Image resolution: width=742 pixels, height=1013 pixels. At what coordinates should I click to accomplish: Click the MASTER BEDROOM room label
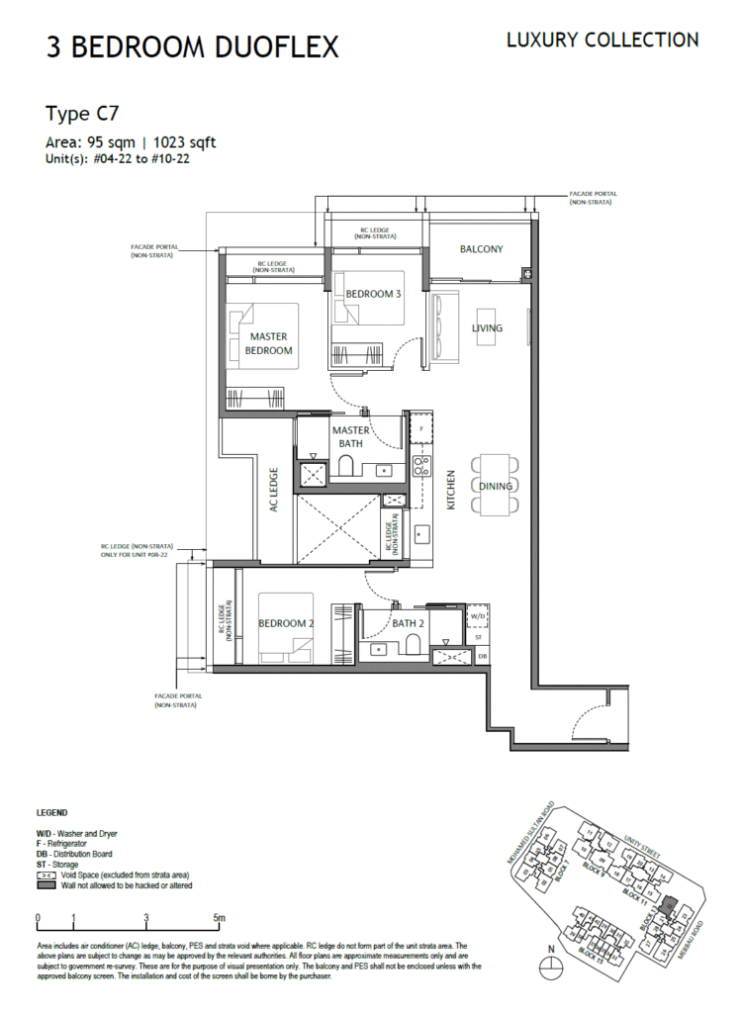tap(269, 343)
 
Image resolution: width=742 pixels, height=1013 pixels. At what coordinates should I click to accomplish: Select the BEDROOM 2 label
tap(286, 623)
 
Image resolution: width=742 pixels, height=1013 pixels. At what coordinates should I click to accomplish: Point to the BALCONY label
tap(481, 249)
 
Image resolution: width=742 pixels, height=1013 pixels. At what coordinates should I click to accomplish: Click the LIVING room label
tap(487, 327)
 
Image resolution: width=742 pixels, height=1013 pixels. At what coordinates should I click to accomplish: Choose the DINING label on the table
tap(495, 486)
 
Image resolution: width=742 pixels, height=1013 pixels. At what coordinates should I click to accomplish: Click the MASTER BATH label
tap(350, 436)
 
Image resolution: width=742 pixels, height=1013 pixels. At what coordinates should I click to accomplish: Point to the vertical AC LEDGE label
tap(274, 488)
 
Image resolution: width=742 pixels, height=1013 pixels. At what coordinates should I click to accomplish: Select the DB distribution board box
tap(482, 656)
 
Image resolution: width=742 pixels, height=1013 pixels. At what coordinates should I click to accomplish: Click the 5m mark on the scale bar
tap(219, 918)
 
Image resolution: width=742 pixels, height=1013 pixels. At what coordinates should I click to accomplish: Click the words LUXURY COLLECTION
tap(603, 41)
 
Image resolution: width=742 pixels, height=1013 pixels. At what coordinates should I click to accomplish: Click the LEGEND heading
tap(52, 813)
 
